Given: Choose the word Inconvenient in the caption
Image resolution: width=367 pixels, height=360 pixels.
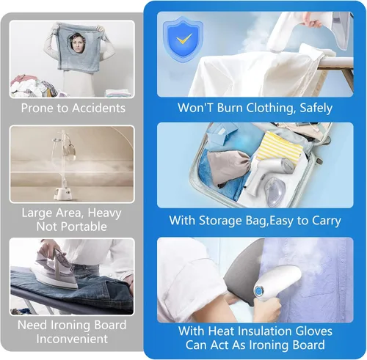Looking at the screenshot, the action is pyautogui.click(x=72, y=339).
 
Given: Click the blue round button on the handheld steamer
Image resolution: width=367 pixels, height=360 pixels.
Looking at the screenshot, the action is pyautogui.click(x=258, y=290).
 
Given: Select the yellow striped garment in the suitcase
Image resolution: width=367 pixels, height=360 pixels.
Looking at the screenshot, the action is pyautogui.click(x=280, y=146).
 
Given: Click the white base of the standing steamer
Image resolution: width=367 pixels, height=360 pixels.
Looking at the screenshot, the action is pyautogui.click(x=62, y=194).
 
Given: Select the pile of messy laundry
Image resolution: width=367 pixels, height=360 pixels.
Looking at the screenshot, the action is pyautogui.click(x=33, y=87).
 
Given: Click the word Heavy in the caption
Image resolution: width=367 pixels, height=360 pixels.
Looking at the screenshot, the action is pyautogui.click(x=104, y=213).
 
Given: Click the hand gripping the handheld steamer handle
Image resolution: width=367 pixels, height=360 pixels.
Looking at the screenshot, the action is pyautogui.click(x=266, y=309).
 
